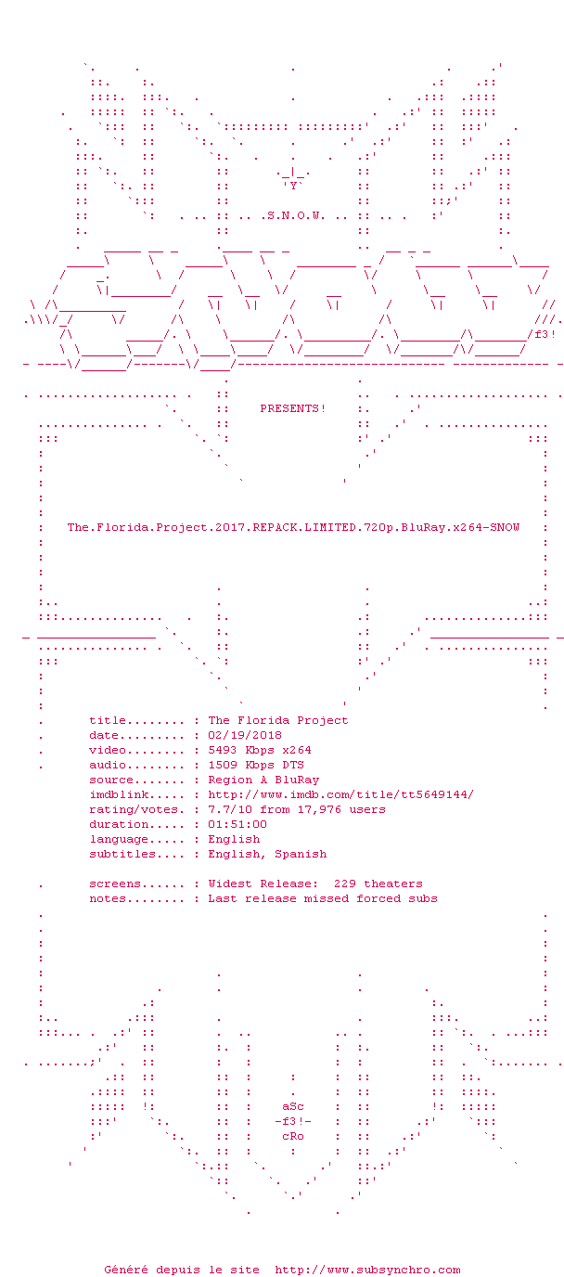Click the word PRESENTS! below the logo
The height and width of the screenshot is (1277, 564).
coord(293,408)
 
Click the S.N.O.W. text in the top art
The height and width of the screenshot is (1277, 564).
coord(296,216)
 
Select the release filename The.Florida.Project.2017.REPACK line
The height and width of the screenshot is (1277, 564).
coord(293,527)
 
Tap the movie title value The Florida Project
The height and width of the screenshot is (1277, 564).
coord(278,720)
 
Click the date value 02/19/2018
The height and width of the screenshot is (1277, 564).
coord(245,735)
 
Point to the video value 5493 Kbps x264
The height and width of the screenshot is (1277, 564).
coord(260,750)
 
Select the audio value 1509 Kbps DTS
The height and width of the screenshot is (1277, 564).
coord(256,765)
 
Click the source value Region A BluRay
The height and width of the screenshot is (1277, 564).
coord(263,780)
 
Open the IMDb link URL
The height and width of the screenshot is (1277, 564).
coord(340,794)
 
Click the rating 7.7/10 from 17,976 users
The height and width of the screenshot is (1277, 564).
coord(296,809)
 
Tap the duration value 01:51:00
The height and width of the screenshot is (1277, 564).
coord(237,824)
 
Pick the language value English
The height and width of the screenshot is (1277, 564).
coord(234,839)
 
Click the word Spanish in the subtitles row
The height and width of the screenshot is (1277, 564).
coord(301,854)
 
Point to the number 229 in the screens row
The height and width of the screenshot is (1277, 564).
coord(345,884)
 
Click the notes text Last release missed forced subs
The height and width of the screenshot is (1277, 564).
coord(323,898)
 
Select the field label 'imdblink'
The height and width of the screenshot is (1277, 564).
coord(119,794)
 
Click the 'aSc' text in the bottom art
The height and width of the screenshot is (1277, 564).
coord(293,1106)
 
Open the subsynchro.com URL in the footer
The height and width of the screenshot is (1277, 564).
coord(367,1270)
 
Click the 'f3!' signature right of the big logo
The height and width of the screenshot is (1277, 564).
coord(545,335)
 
